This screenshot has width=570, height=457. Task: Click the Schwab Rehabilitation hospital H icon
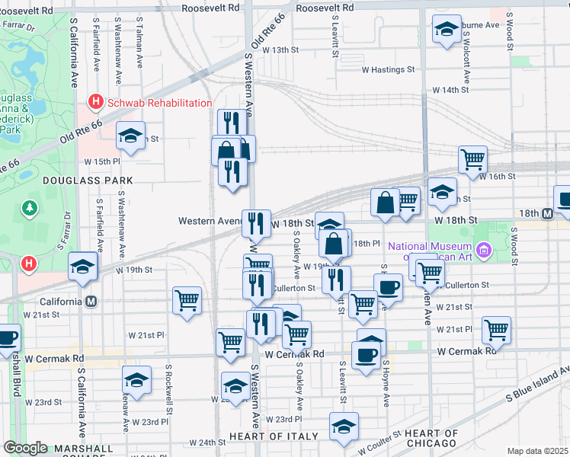[96, 102]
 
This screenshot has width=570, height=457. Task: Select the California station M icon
[91, 301]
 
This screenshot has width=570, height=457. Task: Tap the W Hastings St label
[388, 69]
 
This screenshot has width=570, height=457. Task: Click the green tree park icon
[30, 206]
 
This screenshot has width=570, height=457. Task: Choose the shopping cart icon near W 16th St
[473, 159]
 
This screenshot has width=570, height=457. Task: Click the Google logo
[25, 449]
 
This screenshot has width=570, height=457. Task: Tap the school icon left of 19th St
[82, 266]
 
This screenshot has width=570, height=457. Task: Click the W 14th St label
[450, 90]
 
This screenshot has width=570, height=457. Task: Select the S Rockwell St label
[168, 388]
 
